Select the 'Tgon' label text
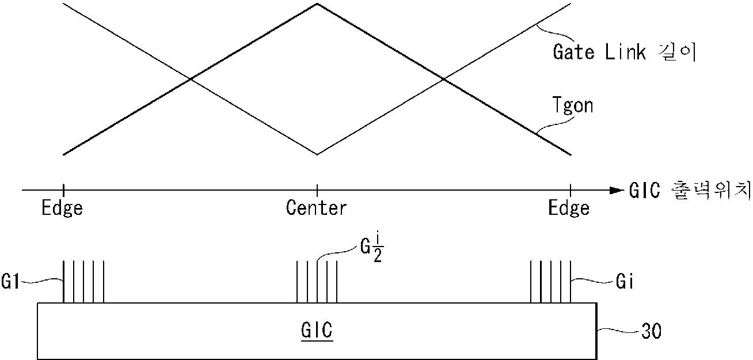573,106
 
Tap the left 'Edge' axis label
62,208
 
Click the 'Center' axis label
317,208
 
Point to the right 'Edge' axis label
569,208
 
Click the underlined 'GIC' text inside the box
317,332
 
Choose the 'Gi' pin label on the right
619,282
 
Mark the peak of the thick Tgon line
317,4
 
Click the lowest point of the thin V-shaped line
317,154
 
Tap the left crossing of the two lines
190,79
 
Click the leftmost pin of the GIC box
63,282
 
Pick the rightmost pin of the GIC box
571,282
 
